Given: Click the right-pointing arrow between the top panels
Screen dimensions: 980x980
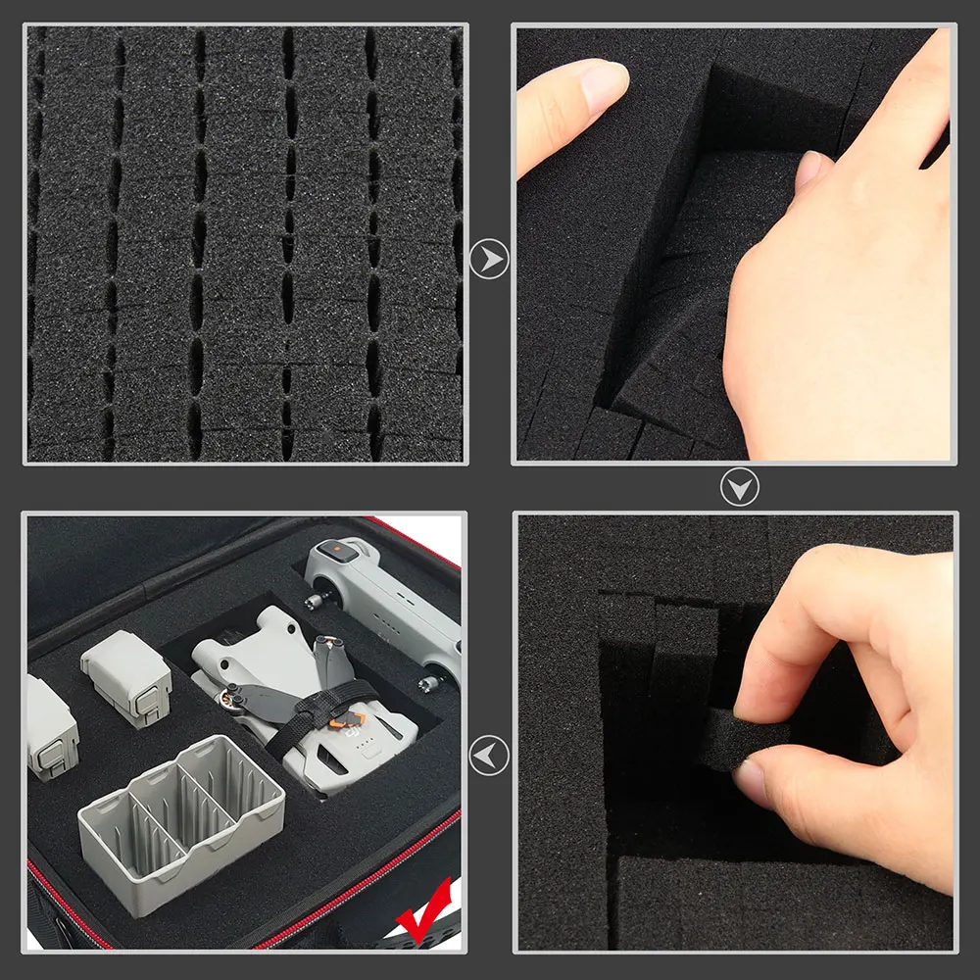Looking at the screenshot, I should coord(489,261).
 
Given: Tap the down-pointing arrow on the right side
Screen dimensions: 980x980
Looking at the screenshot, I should coord(739,487).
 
